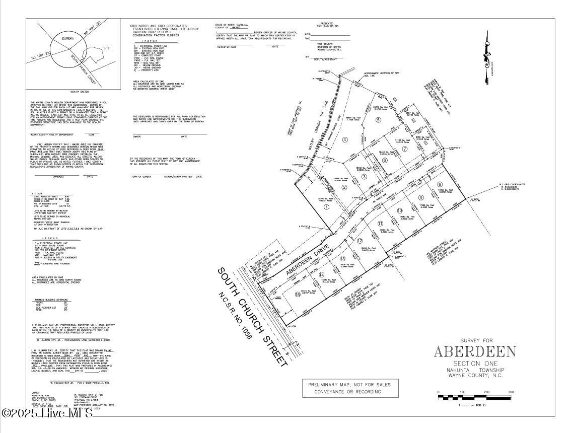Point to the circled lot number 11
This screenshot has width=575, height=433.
[x=380, y=223]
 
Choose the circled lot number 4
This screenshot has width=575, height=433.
[x=345, y=139]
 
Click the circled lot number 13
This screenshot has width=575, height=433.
[x=335, y=258]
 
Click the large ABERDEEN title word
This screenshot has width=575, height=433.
[x=475, y=351]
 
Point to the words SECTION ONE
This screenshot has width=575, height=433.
[x=475, y=364]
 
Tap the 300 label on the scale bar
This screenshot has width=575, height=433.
[x=511, y=392]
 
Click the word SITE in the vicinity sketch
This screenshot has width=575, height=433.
[x=106, y=48]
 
